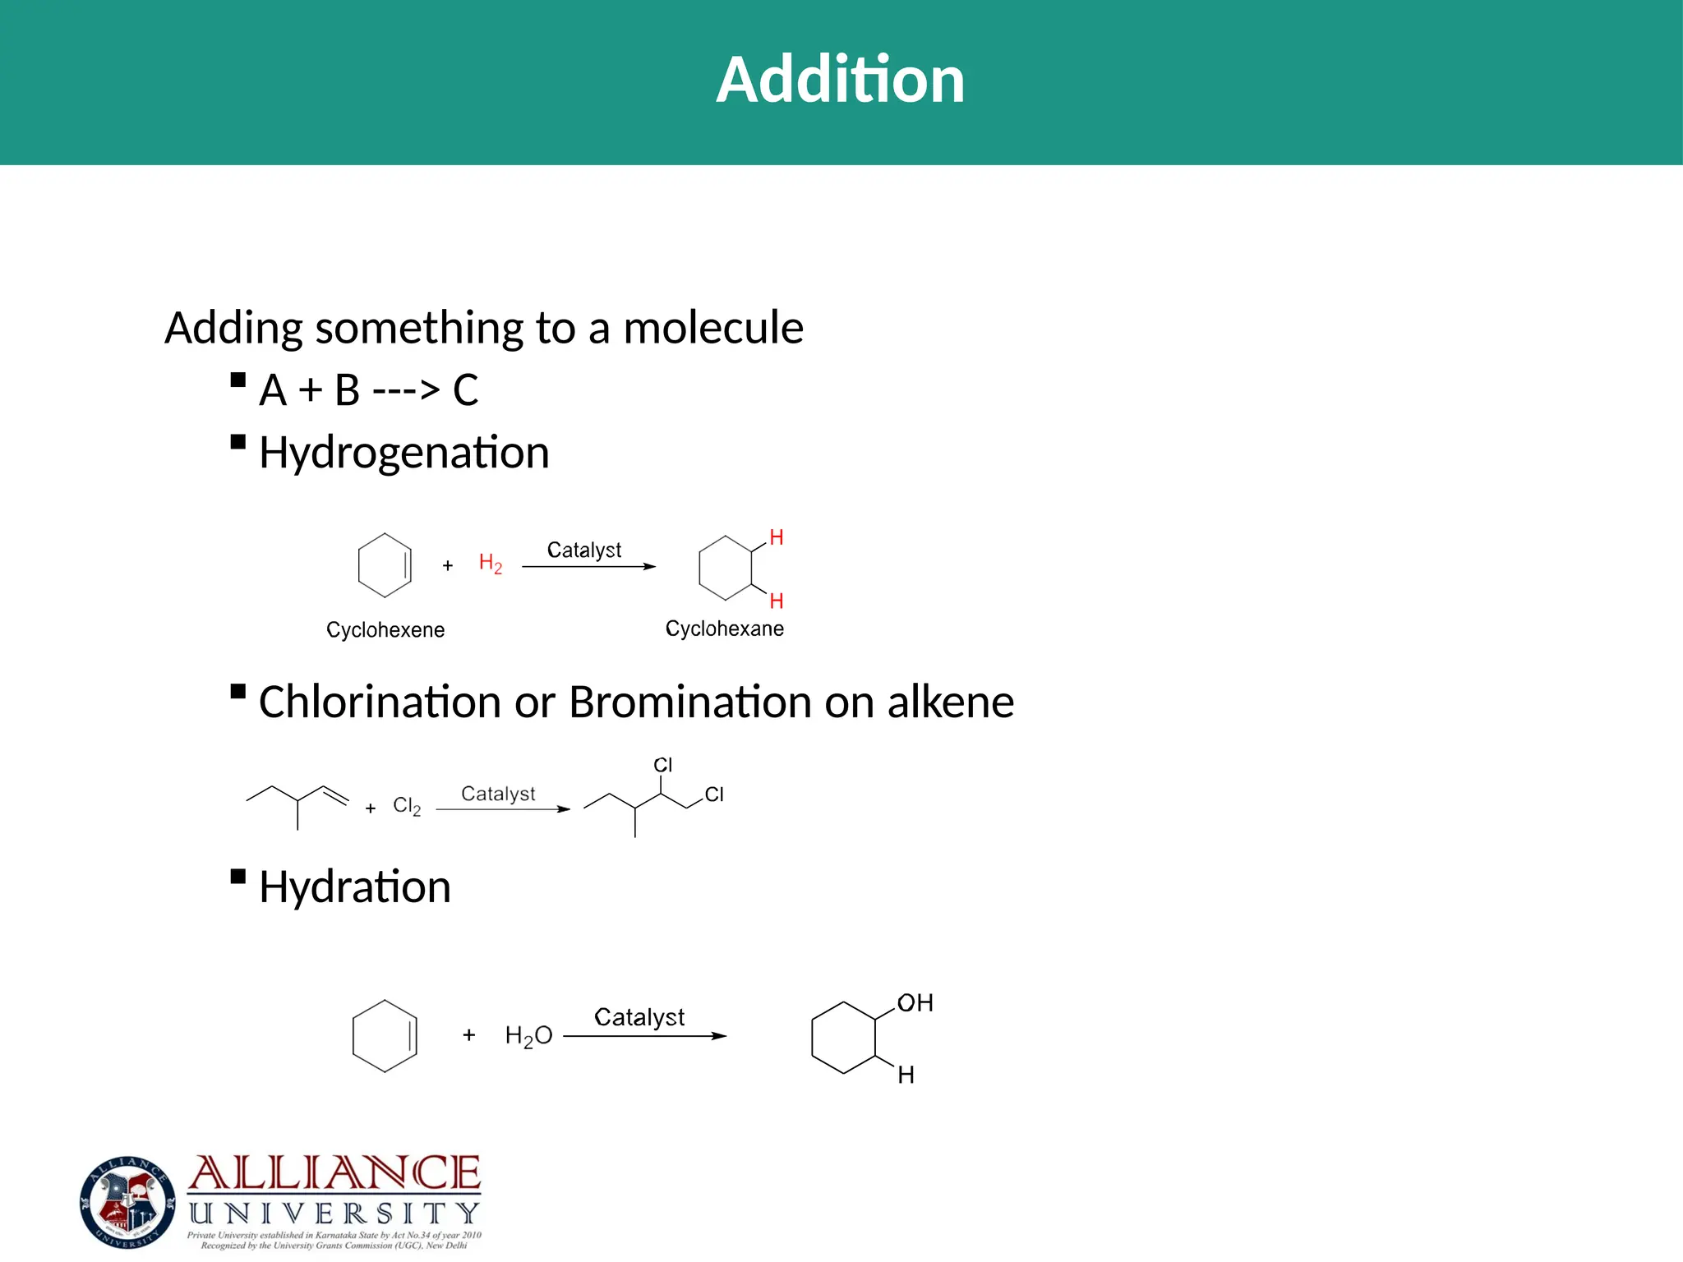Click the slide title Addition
[x=840, y=80]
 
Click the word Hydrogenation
[x=403, y=453]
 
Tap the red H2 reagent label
[x=490, y=564]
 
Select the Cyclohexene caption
[x=385, y=630]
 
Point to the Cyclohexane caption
[x=724, y=629]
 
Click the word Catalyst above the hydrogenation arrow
[x=584, y=550]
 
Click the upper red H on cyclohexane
[x=776, y=538]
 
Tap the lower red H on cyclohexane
[x=776, y=601]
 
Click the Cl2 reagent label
[x=407, y=806]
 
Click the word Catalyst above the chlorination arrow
[x=498, y=794]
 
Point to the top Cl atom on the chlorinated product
[x=662, y=765]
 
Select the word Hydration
[x=354, y=887]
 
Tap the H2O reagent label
[x=528, y=1036]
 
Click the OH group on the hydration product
[x=915, y=1003]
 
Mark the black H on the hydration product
[x=906, y=1075]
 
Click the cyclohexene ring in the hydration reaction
[x=385, y=1036]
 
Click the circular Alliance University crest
[x=127, y=1202]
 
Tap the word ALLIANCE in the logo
[x=334, y=1173]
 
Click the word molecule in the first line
[x=713, y=328]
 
